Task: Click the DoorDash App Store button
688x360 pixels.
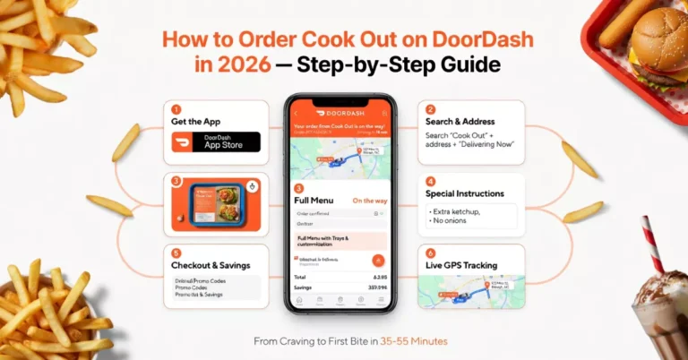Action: [215, 141]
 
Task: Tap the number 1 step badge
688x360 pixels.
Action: [176, 108]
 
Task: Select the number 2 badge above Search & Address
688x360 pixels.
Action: [431, 108]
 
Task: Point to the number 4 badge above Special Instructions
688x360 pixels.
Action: [431, 180]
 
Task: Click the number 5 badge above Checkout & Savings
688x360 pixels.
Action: [176, 253]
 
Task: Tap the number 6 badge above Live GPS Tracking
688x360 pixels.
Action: [431, 253]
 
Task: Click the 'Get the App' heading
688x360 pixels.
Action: [196, 121]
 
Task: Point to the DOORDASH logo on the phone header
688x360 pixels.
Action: [329, 113]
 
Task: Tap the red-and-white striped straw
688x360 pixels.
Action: [651, 242]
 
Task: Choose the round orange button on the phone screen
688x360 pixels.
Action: [378, 261]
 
